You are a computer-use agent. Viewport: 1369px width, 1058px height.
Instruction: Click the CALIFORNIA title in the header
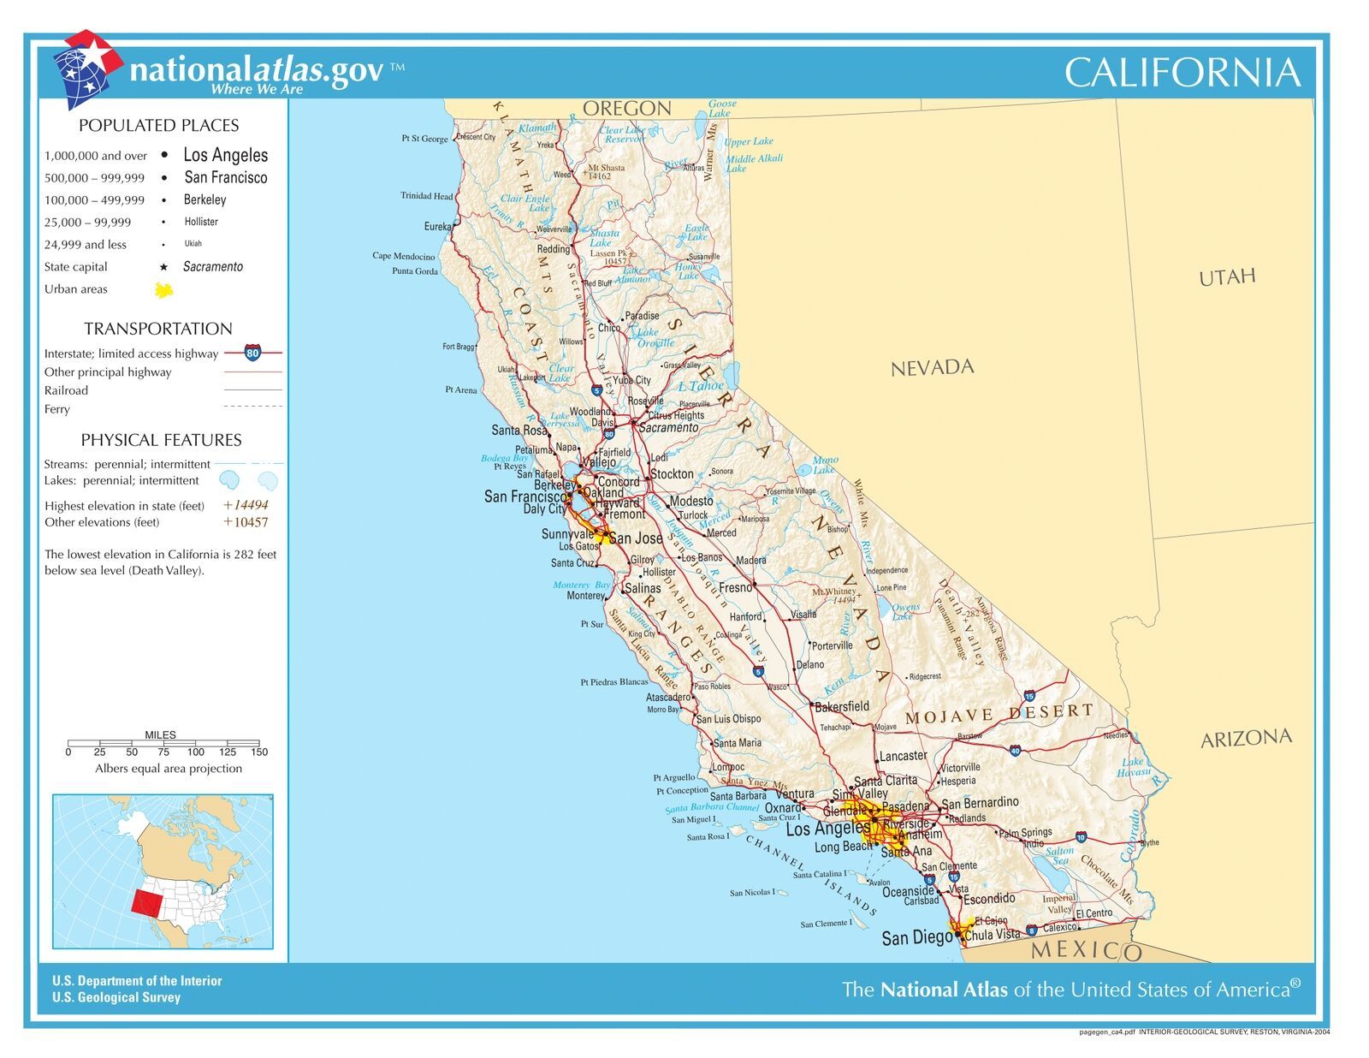click(1182, 73)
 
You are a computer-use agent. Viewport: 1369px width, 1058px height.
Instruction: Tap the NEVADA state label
click(932, 368)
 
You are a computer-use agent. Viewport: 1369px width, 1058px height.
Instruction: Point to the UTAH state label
click(1227, 276)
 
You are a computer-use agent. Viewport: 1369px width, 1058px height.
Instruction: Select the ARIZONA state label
click(1245, 739)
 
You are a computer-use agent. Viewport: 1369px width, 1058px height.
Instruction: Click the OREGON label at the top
click(626, 109)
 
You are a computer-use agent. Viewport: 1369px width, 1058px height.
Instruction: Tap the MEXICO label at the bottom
click(1086, 950)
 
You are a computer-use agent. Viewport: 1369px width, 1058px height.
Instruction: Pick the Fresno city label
click(735, 588)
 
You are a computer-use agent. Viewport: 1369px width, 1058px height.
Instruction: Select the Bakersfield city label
click(841, 706)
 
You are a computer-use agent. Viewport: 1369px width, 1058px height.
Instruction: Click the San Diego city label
click(916, 938)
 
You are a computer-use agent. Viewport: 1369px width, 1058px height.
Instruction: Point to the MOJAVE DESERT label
click(999, 714)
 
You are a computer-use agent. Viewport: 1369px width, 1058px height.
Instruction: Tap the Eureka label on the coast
click(437, 227)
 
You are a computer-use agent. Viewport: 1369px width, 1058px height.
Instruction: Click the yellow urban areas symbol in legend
click(163, 290)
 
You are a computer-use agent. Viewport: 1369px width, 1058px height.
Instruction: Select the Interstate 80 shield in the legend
click(252, 353)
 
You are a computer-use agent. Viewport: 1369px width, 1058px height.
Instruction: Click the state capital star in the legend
click(163, 267)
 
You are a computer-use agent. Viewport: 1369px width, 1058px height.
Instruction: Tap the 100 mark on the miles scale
click(196, 752)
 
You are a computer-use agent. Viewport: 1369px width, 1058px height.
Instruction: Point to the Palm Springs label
click(1025, 833)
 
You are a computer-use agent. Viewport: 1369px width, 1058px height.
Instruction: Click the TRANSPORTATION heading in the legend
click(157, 329)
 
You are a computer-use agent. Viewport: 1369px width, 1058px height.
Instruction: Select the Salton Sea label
click(1059, 856)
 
